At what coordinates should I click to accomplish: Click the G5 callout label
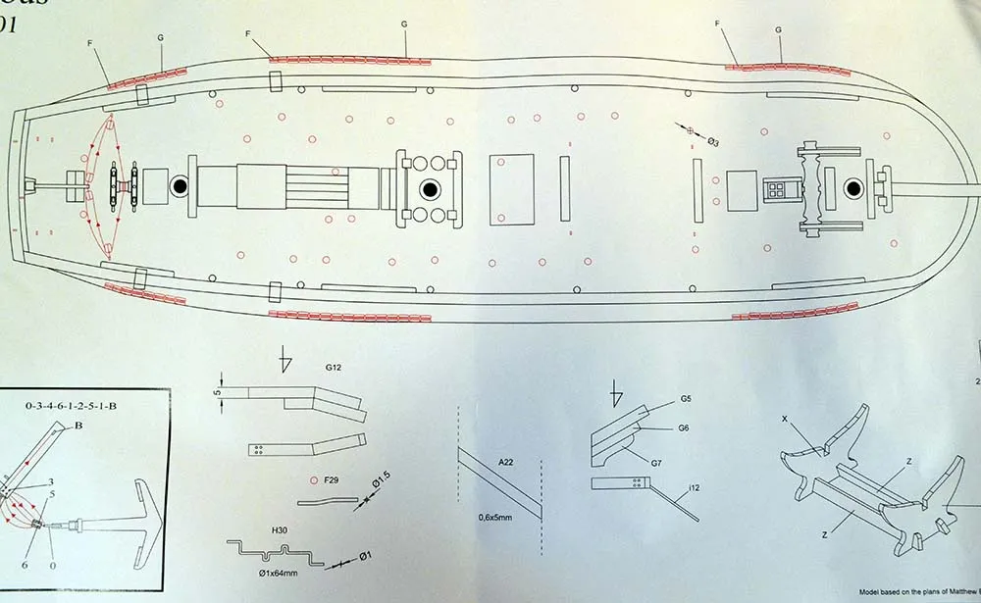point(686,400)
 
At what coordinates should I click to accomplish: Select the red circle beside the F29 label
point(314,481)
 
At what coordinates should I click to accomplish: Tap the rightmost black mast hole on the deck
point(854,187)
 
